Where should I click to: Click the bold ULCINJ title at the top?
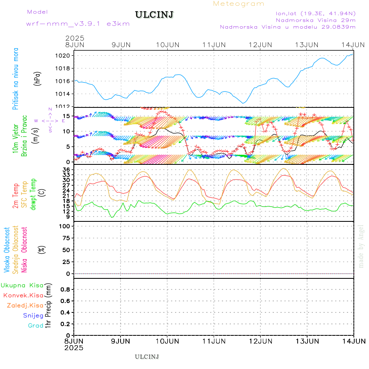click(154, 15)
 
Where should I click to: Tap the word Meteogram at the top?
click(239, 4)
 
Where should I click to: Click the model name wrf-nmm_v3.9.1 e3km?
click(78, 23)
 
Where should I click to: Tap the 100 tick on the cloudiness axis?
click(66, 226)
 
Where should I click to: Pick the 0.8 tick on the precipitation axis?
click(67, 289)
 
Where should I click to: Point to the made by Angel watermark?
click(361, 246)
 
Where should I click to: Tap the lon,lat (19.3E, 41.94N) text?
click(315, 13)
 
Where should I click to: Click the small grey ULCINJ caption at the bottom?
click(147, 357)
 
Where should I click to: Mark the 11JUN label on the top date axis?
click(214, 44)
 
